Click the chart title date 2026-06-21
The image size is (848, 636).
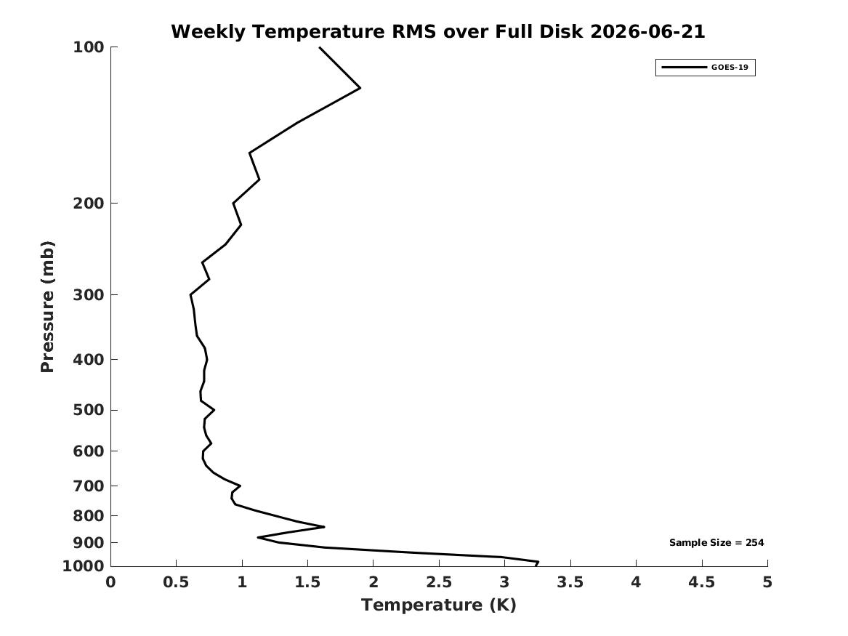647,31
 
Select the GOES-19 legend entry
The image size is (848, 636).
706,68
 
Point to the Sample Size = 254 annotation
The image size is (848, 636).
716,542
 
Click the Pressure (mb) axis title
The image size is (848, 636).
47,307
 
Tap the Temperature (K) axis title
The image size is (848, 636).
439,605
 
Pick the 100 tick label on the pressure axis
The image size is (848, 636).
88,47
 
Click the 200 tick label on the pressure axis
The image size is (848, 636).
88,204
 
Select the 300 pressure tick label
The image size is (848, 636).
88,295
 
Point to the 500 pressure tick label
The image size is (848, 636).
88,410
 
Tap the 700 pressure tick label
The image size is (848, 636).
88,486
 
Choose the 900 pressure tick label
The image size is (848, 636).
88,542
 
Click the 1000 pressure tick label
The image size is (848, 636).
84,566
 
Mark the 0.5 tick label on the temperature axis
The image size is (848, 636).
177,582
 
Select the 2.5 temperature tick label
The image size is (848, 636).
439,582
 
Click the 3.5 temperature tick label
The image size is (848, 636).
570,582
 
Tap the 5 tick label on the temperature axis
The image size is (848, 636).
767,582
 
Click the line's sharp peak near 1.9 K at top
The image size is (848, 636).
360,88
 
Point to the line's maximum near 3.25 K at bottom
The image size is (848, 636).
538,563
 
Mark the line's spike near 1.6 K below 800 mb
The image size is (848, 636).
323,526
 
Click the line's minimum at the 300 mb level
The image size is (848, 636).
191,295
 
